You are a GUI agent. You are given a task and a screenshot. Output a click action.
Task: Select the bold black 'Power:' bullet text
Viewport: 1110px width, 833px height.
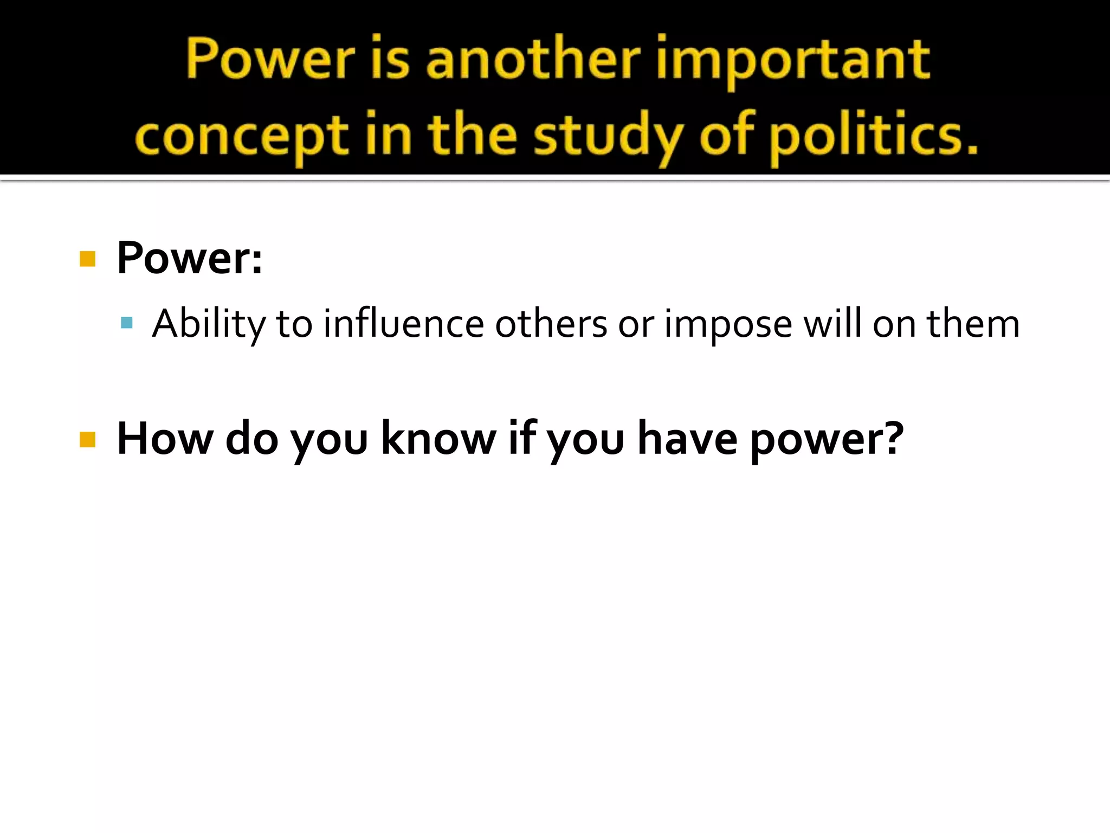[x=190, y=258]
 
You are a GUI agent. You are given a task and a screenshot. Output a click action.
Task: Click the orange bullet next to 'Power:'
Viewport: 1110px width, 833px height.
[x=87, y=259]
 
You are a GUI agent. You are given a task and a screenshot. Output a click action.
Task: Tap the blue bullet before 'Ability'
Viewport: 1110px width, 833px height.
[x=127, y=323]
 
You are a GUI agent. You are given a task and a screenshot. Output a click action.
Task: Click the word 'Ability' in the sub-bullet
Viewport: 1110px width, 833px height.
[x=209, y=324]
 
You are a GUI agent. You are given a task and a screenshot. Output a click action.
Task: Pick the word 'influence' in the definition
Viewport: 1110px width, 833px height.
[x=403, y=324]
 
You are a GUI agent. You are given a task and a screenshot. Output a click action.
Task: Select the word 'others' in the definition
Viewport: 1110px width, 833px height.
[x=551, y=324]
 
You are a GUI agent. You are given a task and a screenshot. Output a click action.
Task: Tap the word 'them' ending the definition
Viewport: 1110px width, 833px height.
[x=973, y=324]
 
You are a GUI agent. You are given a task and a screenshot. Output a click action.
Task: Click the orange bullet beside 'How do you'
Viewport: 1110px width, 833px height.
[x=87, y=439]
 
